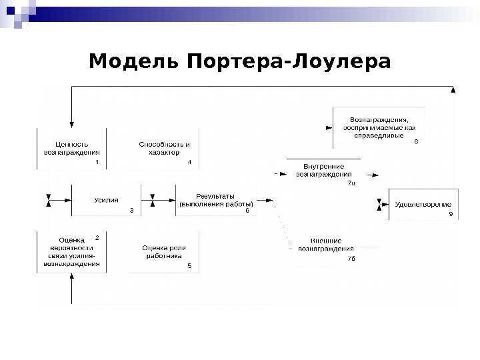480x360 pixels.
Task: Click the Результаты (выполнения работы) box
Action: pyautogui.click(x=215, y=200)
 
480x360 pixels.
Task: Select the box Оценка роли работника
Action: pyautogui.click(x=164, y=251)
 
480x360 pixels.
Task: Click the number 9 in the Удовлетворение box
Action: pyautogui.click(x=451, y=214)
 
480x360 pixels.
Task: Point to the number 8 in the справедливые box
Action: pyautogui.click(x=417, y=142)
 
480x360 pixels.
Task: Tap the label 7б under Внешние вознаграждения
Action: pyautogui.click(x=351, y=258)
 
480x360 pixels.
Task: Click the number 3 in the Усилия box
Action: pyautogui.click(x=131, y=210)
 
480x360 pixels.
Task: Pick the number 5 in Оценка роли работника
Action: pyautogui.click(x=189, y=265)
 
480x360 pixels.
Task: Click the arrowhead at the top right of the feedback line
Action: pyautogui.click(x=454, y=90)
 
